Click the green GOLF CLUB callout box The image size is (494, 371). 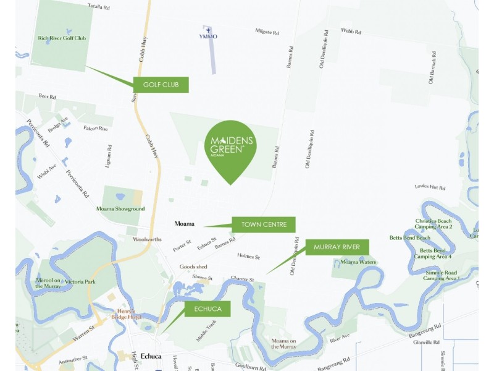pyautogui.click(x=161, y=85)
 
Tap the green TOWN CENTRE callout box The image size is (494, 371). pyautogui.click(x=264, y=224)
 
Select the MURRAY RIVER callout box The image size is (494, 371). pyautogui.click(x=337, y=247)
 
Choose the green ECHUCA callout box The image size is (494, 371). pyautogui.click(x=207, y=309)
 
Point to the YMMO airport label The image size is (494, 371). pyautogui.click(x=208, y=36)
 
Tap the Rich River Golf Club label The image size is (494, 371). pyautogui.click(x=62, y=38)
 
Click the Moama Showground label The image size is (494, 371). pyautogui.click(x=120, y=209)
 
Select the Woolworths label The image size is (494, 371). pyautogui.click(x=148, y=239)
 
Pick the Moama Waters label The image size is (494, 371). pyautogui.click(x=358, y=262)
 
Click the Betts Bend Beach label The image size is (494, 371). pyautogui.click(x=410, y=237)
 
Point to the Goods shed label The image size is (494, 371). pyautogui.click(x=193, y=267)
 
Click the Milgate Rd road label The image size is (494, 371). pyautogui.click(x=267, y=30)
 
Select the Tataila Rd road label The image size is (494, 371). pyautogui.click(x=99, y=7)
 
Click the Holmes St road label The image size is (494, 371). pyautogui.click(x=249, y=257)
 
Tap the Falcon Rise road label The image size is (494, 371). pyautogui.click(x=96, y=128)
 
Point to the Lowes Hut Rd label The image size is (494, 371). pyautogui.click(x=430, y=186)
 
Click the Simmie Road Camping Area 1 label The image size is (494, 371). pyautogui.click(x=441, y=275)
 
